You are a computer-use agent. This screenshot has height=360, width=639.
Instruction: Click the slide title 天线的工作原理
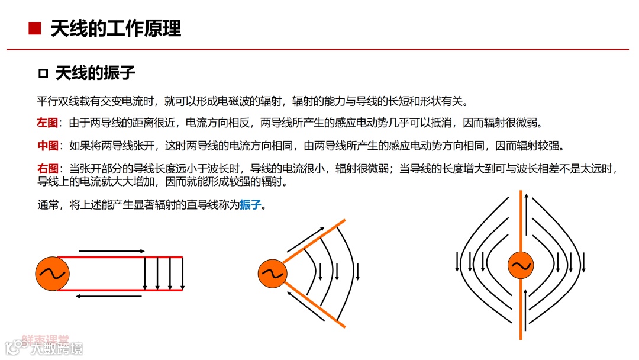pyautogui.click(x=115, y=28)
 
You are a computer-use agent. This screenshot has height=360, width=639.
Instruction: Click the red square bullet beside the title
pyautogui.click(x=34, y=28)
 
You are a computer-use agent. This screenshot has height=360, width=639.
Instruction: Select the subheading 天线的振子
pyautogui.click(x=95, y=73)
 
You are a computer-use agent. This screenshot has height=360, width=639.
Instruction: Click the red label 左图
pyautogui.click(x=47, y=123)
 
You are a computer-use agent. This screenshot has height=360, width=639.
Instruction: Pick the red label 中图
pyautogui.click(x=47, y=146)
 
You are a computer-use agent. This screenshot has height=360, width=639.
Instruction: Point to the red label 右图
pyautogui.click(x=47, y=169)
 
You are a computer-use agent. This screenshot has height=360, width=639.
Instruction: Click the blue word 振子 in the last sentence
pyautogui.click(x=250, y=205)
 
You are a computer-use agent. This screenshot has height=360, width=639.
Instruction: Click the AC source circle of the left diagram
pyautogui.click(x=53, y=274)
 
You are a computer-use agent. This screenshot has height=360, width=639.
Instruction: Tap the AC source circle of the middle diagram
pyautogui.click(x=273, y=274)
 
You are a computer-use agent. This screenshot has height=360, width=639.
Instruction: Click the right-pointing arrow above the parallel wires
pyautogui.click(x=111, y=252)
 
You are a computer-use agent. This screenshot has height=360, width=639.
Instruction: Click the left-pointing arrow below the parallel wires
pyautogui.click(x=111, y=296)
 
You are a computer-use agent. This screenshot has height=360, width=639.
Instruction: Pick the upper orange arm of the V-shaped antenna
pyautogui.click(x=314, y=241)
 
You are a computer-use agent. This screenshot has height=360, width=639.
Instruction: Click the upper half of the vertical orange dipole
pyautogui.click(x=521, y=219)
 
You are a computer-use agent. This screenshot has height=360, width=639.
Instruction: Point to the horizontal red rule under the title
pyautogui.click(x=319, y=49)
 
